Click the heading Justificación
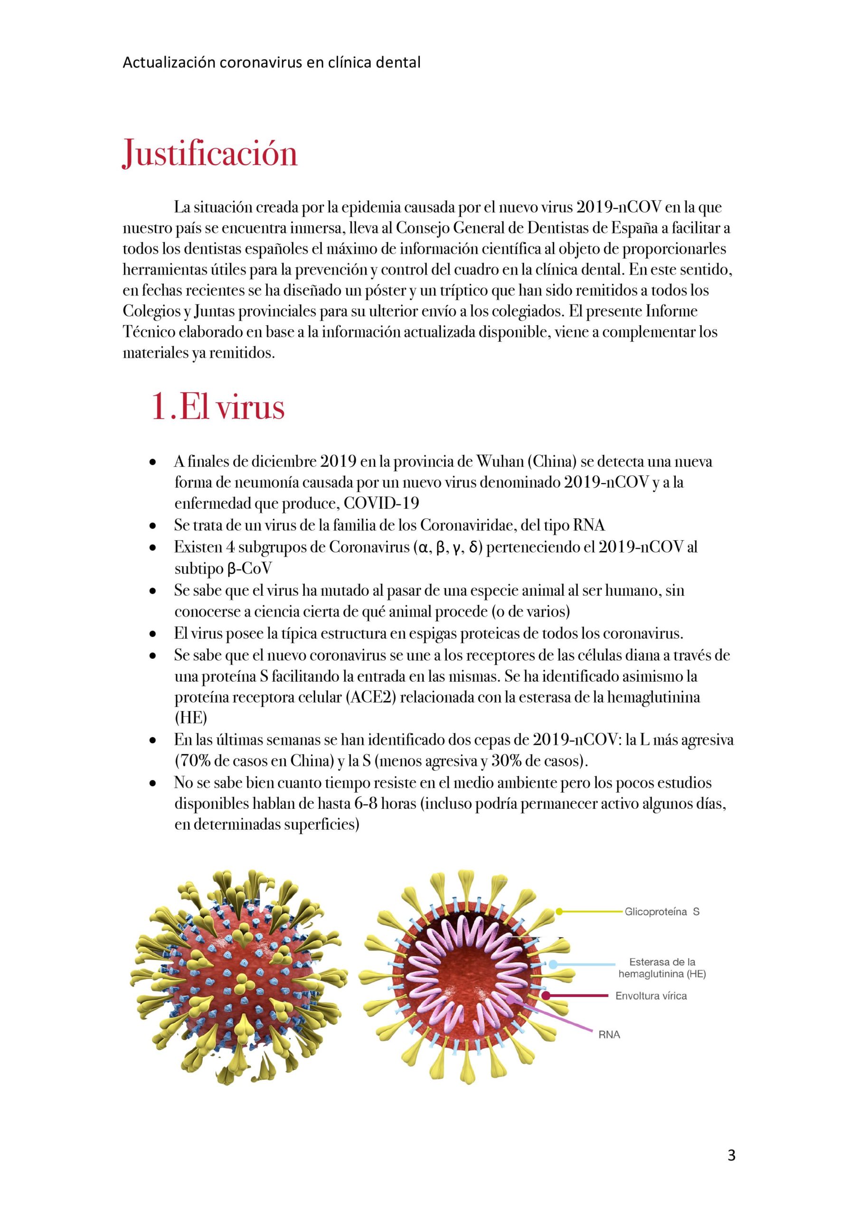coord(210,153)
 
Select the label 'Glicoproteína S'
coord(661,912)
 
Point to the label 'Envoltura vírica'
coord(651,996)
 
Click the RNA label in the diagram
coord(609,1035)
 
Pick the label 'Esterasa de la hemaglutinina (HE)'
coord(661,968)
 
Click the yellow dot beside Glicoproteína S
coord(559,912)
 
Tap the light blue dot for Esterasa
coord(553,964)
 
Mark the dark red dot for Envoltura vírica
coord(546,996)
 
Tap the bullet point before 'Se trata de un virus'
coord(153,526)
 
